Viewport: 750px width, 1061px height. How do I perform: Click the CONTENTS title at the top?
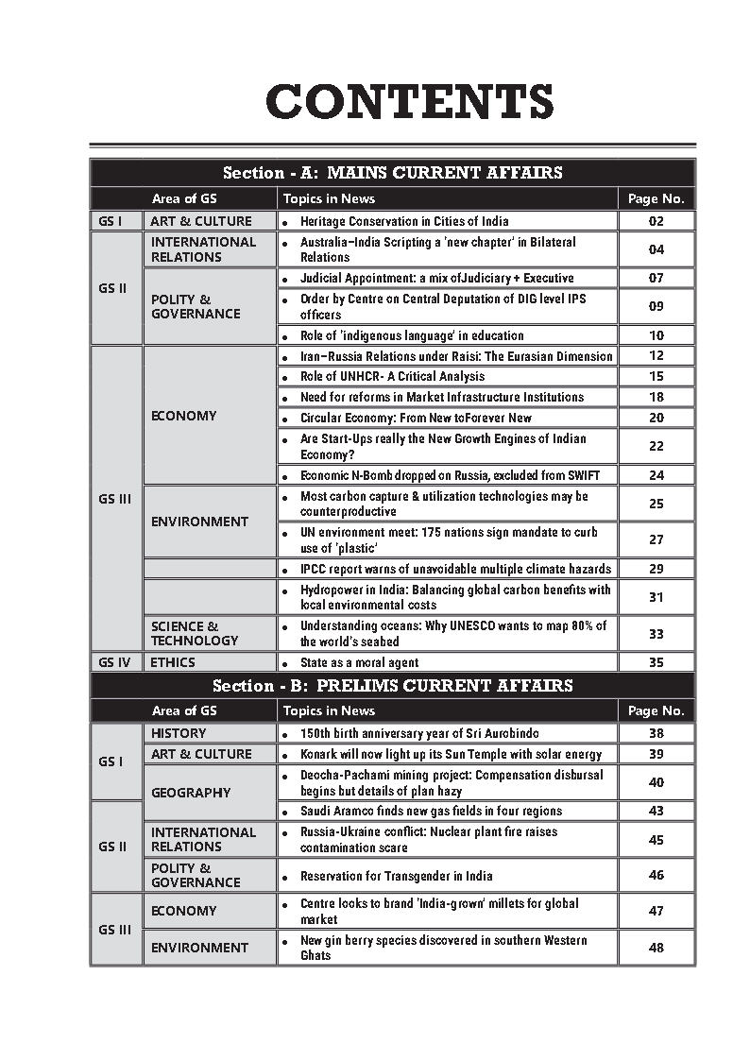point(409,102)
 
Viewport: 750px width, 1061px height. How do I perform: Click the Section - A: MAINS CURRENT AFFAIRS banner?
point(392,173)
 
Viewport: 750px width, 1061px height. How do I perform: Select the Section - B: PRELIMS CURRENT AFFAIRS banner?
point(392,686)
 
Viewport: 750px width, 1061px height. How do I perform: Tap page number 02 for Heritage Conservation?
point(656,221)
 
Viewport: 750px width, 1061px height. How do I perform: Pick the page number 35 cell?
point(656,663)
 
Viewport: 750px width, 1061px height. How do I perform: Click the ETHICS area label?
point(176,663)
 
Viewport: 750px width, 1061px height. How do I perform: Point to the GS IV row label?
point(114,663)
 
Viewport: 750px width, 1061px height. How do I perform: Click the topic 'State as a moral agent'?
point(359,663)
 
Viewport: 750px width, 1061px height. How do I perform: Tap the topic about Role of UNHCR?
point(392,377)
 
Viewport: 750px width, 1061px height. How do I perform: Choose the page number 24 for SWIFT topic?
point(656,475)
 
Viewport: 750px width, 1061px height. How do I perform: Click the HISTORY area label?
point(179,733)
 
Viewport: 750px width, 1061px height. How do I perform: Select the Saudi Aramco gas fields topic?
point(431,811)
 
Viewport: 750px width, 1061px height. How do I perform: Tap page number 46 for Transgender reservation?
point(656,876)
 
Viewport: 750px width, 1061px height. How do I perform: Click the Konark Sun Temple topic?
point(451,754)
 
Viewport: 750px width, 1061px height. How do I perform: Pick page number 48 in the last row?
point(656,948)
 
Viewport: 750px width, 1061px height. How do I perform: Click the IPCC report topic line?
point(455,569)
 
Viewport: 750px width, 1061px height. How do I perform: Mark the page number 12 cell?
point(656,356)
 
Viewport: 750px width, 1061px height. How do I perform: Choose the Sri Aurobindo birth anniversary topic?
point(419,733)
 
